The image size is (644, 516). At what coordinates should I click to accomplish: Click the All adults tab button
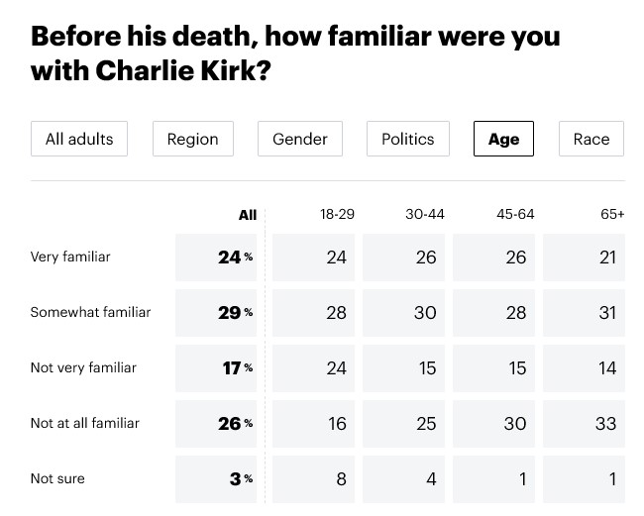79,139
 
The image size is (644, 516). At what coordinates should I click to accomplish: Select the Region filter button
192,139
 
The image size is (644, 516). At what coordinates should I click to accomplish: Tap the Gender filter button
299,139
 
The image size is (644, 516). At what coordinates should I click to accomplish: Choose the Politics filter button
407,139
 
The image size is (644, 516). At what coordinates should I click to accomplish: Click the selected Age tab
503,139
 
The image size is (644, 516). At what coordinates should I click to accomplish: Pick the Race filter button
590,139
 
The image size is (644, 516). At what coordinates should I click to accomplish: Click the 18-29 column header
337,214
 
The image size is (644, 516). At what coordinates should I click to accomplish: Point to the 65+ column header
612,214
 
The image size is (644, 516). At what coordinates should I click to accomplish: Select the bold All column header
248,215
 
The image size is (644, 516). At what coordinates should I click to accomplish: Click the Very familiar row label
70,257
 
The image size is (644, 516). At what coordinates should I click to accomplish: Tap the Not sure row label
57,478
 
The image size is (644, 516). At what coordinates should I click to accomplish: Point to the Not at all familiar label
84,423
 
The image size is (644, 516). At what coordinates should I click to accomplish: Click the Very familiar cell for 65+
584,258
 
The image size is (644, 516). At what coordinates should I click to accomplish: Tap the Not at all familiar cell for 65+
584,424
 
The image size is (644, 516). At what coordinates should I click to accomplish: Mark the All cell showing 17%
219,368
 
